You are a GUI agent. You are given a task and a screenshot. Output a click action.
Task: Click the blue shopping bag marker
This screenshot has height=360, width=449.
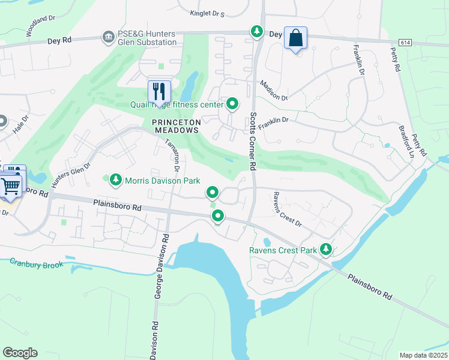[x=295, y=38]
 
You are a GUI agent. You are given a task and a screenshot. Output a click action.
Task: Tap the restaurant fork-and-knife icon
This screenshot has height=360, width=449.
[x=159, y=91]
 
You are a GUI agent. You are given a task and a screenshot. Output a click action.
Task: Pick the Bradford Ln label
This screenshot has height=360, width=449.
[x=406, y=140]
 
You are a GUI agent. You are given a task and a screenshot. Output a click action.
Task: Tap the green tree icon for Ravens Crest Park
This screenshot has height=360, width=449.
[x=326, y=248]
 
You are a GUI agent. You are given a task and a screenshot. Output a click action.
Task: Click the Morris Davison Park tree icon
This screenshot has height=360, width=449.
[x=115, y=179]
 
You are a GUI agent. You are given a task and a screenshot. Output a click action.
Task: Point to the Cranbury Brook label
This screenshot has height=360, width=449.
[x=36, y=263]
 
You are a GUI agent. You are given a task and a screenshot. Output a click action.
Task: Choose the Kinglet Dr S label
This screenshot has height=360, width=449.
[x=206, y=13]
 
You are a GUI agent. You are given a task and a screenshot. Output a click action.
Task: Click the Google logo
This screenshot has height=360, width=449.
[x=20, y=353]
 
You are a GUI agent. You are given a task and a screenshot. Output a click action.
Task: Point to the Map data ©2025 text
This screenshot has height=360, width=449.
[x=423, y=355]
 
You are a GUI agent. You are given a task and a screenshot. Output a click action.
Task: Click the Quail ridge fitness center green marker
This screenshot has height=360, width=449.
[x=232, y=105]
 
